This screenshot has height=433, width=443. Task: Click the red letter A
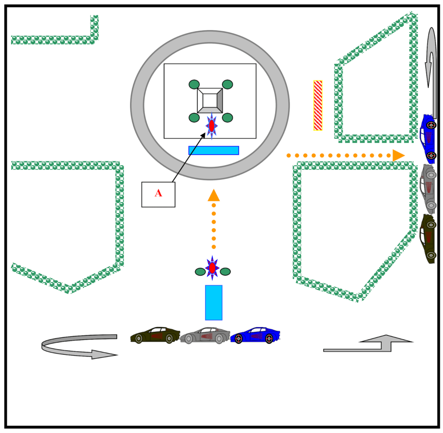click(158, 194)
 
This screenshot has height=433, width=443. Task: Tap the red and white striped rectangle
click(318, 105)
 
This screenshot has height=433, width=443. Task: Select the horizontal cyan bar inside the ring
click(214, 150)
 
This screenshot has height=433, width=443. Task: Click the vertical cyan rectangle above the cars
click(214, 302)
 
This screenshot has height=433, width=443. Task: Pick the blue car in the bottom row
click(255, 335)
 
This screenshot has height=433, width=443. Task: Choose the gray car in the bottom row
click(205, 336)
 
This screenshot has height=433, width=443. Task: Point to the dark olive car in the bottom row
click(155, 335)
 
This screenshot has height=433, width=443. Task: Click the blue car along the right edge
click(428, 138)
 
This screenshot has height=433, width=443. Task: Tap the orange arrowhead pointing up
click(214, 196)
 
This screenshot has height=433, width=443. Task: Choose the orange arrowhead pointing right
click(398, 155)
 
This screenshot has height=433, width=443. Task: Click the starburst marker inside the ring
click(212, 126)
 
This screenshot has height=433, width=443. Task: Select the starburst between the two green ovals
click(212, 268)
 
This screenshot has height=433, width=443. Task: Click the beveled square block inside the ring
click(210, 101)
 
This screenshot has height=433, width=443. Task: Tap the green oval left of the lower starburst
click(200, 272)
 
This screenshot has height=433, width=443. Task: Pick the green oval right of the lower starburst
click(225, 272)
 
